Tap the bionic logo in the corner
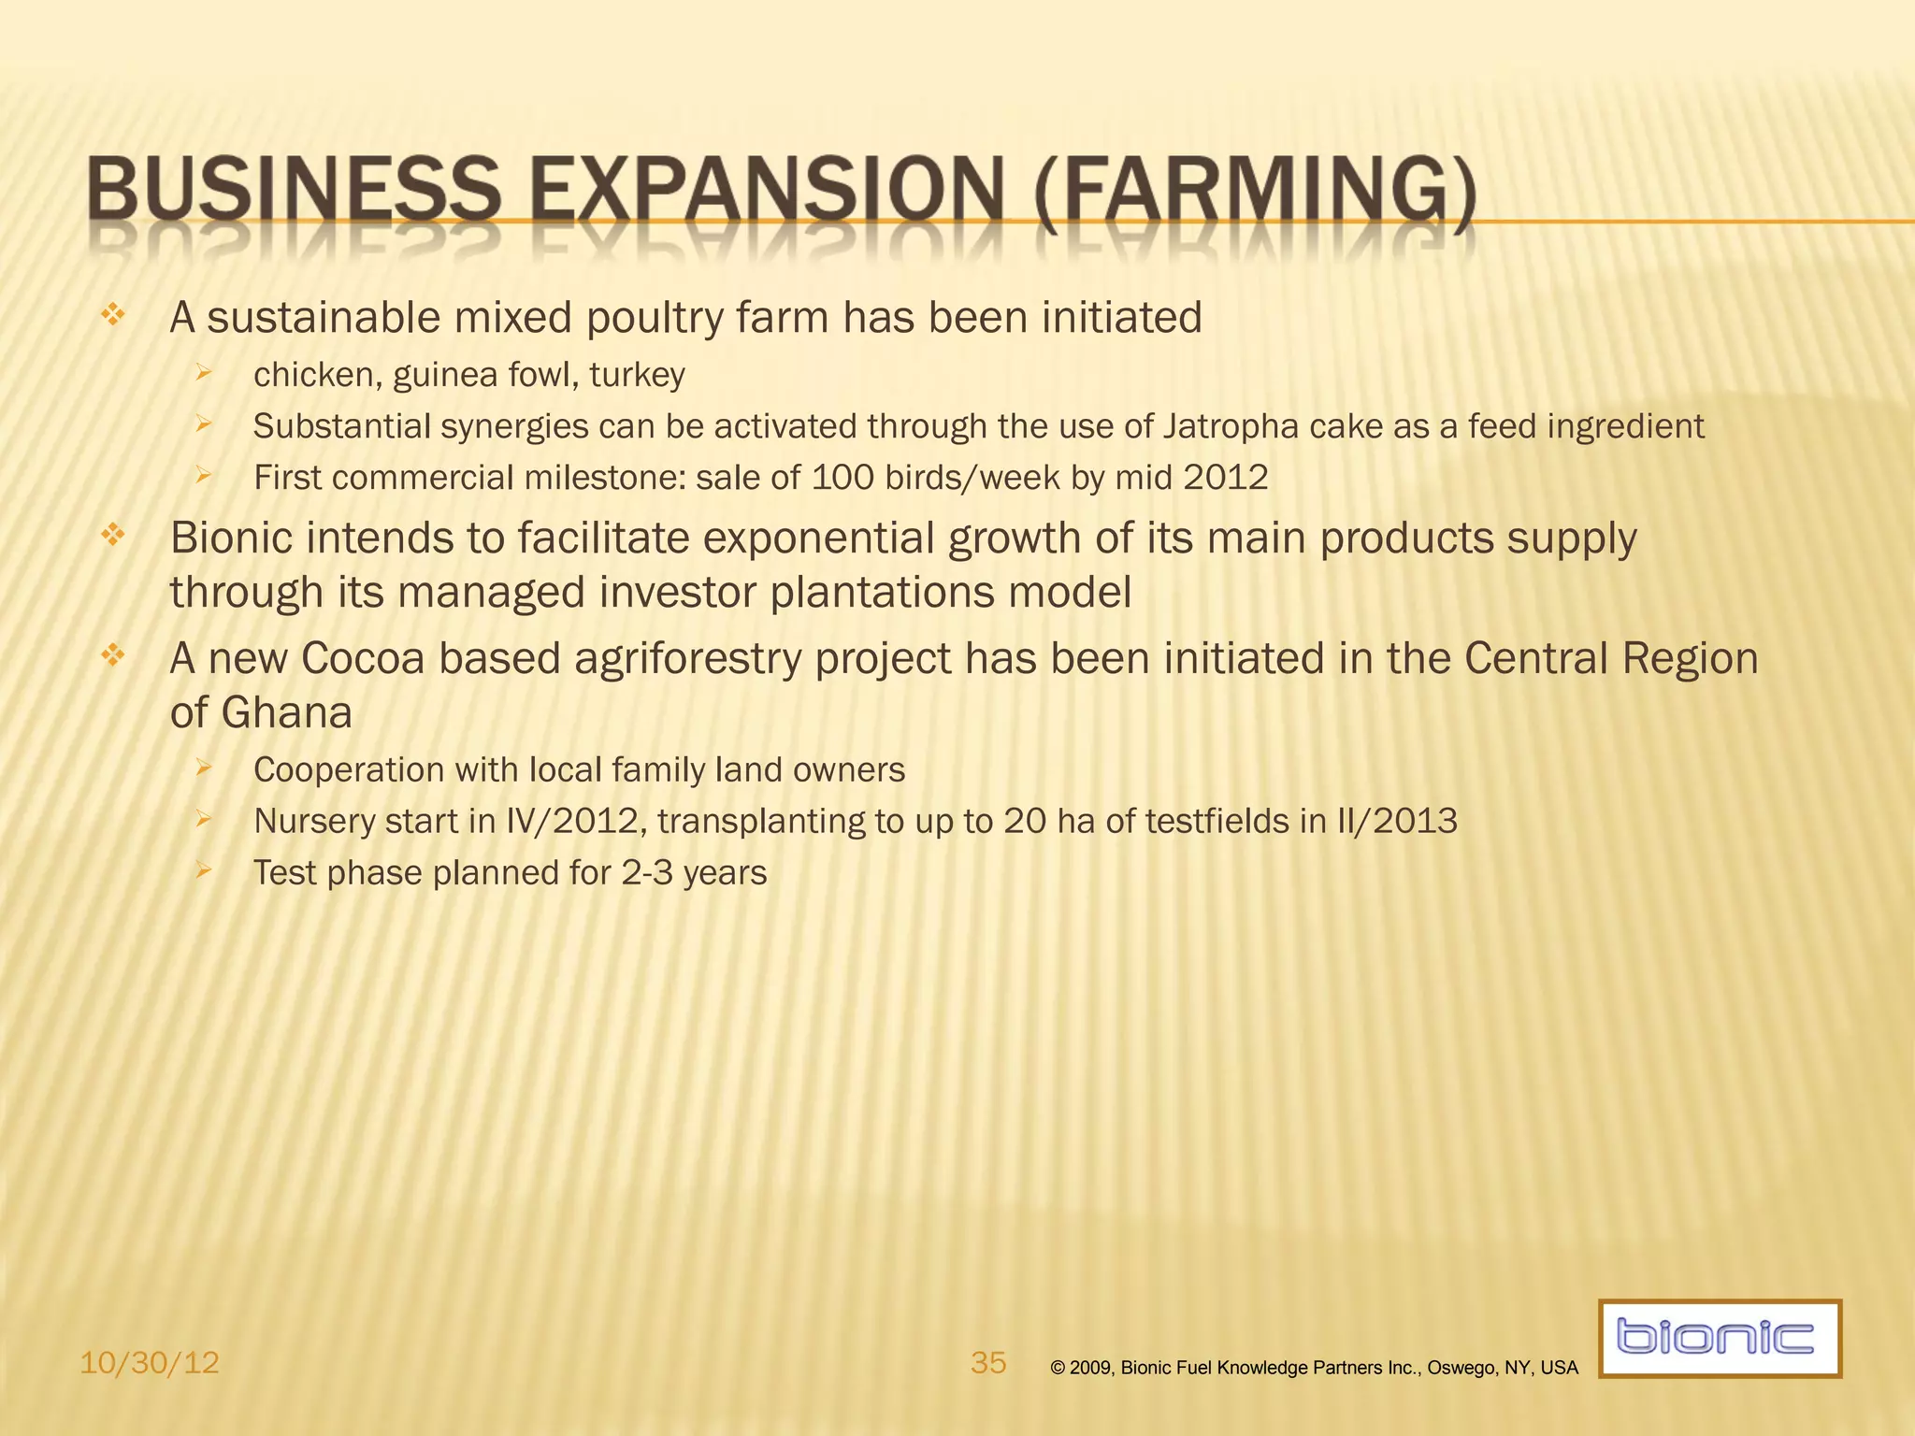(x=1719, y=1338)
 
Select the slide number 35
(x=988, y=1362)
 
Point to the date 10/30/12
(x=150, y=1363)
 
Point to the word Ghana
(x=287, y=713)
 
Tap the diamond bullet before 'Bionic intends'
(x=112, y=536)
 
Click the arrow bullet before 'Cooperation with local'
(x=204, y=768)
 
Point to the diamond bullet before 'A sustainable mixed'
(x=112, y=315)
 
